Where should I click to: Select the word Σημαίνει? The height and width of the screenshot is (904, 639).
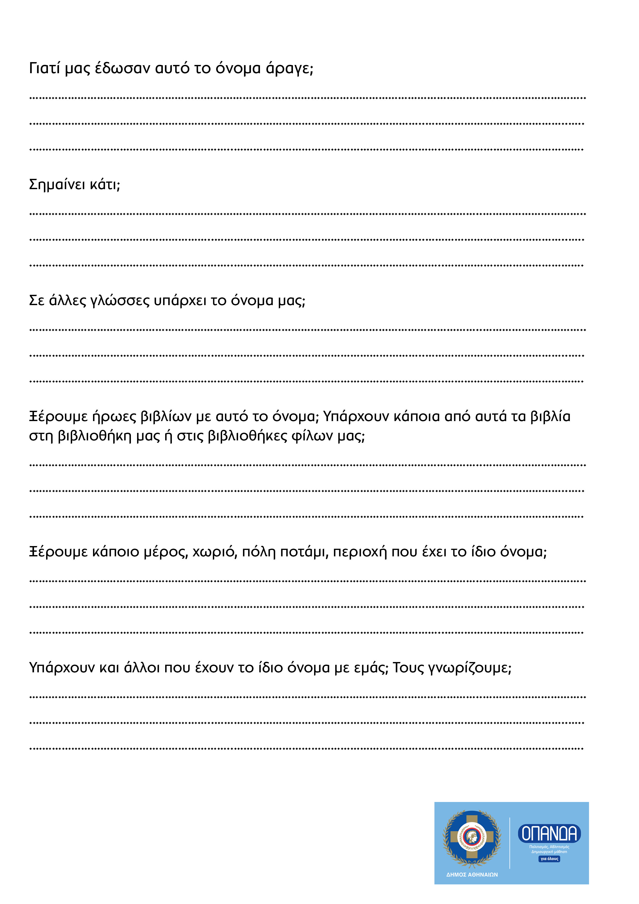(57, 185)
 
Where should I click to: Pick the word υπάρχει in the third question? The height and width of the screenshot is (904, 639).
(180, 301)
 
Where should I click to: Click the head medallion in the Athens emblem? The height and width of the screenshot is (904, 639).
(472, 836)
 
